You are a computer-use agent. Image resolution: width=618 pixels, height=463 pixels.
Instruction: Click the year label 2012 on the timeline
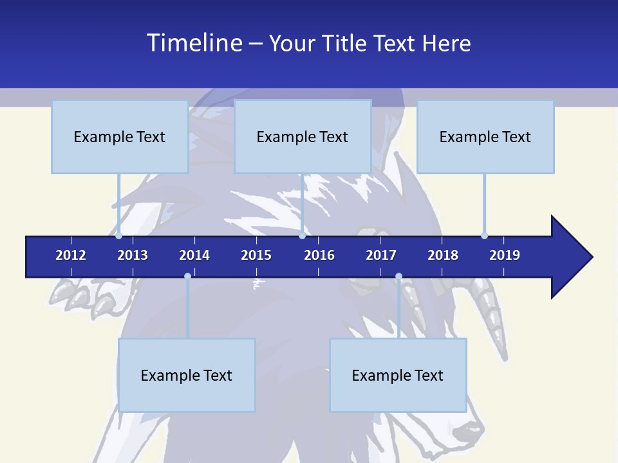tap(71, 255)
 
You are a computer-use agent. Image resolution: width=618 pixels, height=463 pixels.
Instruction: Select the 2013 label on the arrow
tap(133, 255)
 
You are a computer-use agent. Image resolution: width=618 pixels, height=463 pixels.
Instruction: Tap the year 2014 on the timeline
tap(194, 255)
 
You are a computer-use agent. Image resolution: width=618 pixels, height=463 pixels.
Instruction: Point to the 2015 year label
tap(256, 255)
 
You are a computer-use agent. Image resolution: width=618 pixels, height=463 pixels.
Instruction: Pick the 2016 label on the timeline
tap(319, 255)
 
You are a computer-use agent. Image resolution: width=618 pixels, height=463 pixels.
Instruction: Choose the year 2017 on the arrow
tap(381, 255)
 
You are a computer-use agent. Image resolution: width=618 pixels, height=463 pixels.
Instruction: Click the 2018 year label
tap(443, 255)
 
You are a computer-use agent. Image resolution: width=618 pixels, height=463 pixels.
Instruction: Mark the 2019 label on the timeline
tap(505, 255)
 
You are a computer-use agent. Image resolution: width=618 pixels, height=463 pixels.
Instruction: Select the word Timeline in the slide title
tap(194, 43)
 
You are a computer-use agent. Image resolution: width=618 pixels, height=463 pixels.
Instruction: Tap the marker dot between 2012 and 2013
tap(118, 235)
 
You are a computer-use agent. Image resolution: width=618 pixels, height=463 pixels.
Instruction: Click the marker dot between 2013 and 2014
tap(187, 277)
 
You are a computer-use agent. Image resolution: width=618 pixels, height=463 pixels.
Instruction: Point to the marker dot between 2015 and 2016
tap(302, 235)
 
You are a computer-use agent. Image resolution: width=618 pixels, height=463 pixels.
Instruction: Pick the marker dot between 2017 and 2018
tap(398, 277)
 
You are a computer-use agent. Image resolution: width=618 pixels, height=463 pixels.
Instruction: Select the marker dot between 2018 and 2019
tap(484, 235)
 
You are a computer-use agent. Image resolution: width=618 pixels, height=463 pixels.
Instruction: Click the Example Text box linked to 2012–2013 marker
tap(120, 136)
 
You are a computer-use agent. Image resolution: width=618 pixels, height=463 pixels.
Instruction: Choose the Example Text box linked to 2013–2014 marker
tap(187, 375)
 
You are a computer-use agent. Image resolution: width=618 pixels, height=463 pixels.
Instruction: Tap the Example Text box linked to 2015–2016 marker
tap(303, 136)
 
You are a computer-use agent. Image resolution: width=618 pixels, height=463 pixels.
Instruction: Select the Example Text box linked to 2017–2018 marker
tap(398, 375)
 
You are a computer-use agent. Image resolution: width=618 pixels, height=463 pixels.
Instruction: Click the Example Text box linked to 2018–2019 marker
tap(485, 136)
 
